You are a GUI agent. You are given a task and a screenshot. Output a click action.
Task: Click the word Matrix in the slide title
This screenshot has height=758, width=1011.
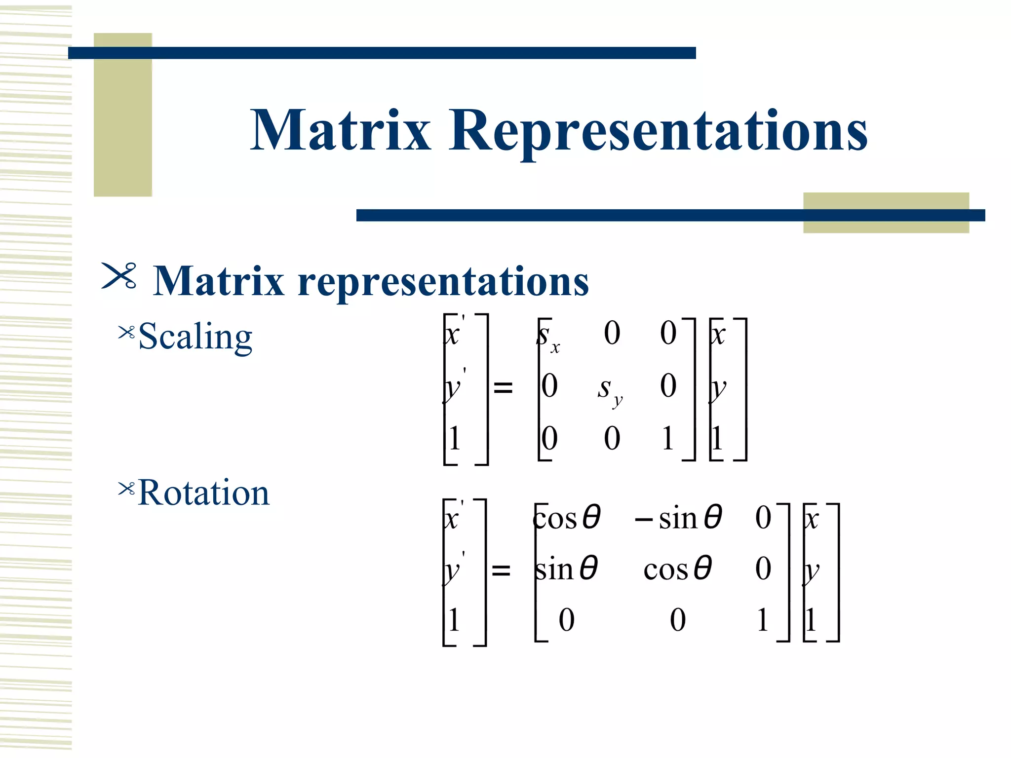click(341, 130)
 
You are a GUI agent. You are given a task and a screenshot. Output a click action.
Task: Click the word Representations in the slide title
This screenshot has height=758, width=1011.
click(658, 130)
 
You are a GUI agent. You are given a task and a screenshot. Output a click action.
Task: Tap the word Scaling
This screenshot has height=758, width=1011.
click(195, 337)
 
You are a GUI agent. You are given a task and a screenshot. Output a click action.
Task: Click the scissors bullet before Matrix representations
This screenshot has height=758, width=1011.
click(119, 276)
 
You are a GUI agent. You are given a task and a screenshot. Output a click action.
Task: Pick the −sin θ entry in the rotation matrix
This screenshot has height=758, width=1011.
click(679, 518)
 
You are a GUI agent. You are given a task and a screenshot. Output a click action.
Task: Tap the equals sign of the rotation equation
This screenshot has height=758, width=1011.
click(501, 571)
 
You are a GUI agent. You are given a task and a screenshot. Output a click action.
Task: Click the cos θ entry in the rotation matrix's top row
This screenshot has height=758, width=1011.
click(567, 518)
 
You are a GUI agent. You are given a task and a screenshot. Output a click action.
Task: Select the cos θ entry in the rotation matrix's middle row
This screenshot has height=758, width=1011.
click(677, 569)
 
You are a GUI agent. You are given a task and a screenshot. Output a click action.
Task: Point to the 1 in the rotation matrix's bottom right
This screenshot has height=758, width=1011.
click(763, 620)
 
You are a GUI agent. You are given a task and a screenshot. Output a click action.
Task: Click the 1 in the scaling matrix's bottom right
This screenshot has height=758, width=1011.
click(667, 438)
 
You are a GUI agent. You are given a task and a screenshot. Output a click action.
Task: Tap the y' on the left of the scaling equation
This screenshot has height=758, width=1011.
click(454, 387)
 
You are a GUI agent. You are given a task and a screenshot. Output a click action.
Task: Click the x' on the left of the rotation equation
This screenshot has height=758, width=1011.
click(453, 517)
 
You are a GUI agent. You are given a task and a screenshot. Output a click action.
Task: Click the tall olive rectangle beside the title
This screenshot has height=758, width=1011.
click(122, 115)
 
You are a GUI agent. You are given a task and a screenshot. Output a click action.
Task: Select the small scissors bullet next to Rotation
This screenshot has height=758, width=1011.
click(126, 489)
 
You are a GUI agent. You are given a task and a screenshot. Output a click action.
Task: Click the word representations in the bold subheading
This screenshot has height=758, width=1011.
click(443, 281)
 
